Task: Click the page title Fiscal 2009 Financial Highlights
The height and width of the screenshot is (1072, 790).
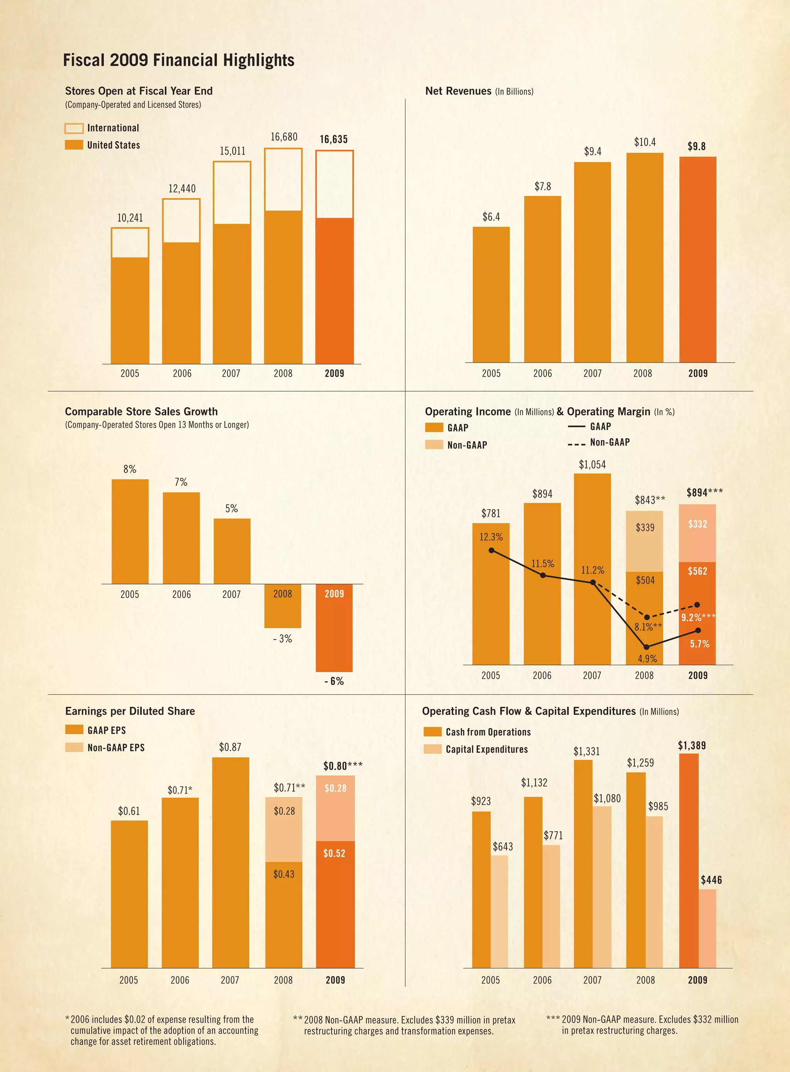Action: tap(178, 60)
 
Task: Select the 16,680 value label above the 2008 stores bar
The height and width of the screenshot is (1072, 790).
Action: tap(284, 137)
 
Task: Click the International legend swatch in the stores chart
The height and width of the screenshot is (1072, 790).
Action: tap(74, 128)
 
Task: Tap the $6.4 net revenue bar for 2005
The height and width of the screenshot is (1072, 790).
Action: tap(491, 294)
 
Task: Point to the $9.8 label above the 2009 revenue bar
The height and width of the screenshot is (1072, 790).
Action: tap(696, 146)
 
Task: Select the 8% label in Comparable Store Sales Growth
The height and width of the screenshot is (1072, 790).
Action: tap(130, 469)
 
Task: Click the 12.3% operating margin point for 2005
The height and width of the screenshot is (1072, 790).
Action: tap(491, 551)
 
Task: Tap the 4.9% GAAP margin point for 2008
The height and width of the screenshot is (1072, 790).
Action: tap(646, 647)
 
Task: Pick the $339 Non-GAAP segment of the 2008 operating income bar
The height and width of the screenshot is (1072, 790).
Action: tap(644, 540)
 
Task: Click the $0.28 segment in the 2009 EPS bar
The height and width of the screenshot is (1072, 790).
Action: tap(335, 808)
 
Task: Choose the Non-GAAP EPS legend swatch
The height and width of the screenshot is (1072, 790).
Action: tap(74, 747)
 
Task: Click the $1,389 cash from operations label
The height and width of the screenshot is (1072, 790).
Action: tap(692, 745)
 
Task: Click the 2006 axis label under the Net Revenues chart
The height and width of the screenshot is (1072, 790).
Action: tap(542, 373)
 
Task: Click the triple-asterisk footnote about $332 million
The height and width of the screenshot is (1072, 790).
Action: tap(642, 1025)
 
